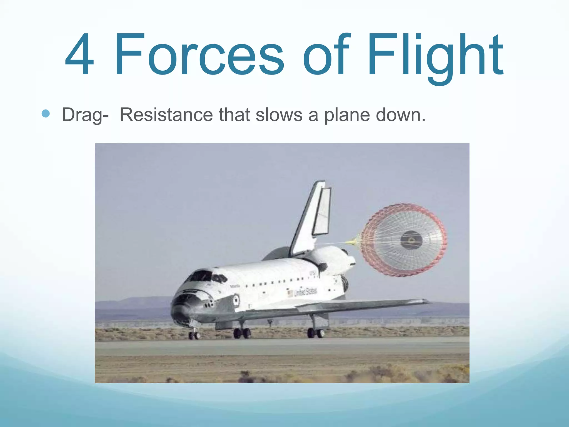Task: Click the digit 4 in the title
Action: [79, 54]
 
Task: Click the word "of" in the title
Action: [325, 54]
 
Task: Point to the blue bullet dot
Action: [46, 114]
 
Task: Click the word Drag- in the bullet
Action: [85, 115]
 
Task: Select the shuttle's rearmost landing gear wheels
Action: [316, 333]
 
